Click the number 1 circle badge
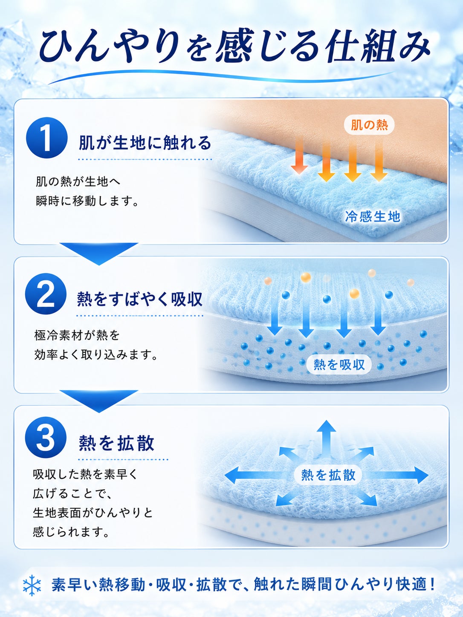tap(46, 138)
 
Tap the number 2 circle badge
tap(46, 294)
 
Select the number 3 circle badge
tap(46, 437)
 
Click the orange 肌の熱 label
tap(369, 125)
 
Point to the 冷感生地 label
tap(373, 217)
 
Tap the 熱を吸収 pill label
tap(339, 365)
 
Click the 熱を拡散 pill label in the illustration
tap(328, 475)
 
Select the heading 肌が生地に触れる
tap(145, 143)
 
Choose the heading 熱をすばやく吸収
tap(140, 300)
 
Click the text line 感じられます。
tap(71, 532)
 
